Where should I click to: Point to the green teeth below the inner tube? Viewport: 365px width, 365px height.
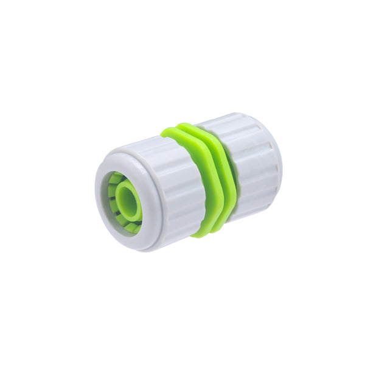pyautogui.click(x=130, y=226)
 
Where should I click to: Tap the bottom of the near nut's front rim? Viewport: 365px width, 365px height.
pyautogui.click(x=137, y=248)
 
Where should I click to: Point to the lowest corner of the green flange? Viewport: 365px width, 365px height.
pyautogui.click(x=201, y=234)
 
